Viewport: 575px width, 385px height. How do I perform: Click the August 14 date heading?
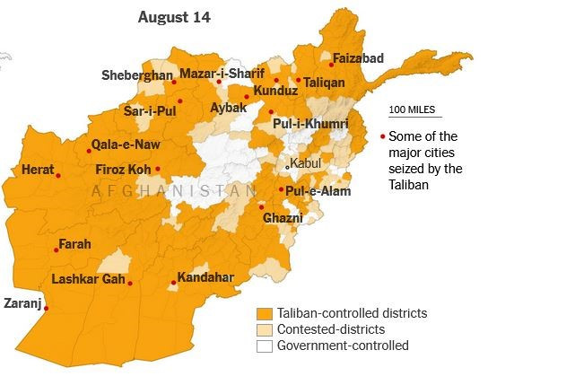(x=174, y=18)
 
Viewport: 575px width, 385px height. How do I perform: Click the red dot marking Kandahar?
(x=172, y=284)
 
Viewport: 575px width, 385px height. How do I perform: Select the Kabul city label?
(x=307, y=163)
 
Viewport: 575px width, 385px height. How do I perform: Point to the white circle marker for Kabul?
(x=287, y=166)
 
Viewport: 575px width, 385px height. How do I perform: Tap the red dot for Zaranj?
(x=47, y=309)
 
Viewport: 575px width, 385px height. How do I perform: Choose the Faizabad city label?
(x=358, y=58)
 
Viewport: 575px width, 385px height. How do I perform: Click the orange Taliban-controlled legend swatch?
(x=264, y=314)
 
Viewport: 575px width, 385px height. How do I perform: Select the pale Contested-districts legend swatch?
(x=264, y=330)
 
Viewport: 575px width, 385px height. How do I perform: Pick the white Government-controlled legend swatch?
(x=264, y=346)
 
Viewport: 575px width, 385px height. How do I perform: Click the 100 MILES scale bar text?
(x=412, y=109)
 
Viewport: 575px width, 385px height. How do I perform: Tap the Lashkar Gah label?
(x=87, y=278)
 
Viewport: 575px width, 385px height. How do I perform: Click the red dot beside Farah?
(x=56, y=249)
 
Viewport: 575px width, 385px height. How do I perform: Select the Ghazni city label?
(x=283, y=217)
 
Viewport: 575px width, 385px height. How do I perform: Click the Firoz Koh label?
(x=123, y=169)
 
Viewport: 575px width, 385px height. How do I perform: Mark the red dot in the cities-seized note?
(x=382, y=136)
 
